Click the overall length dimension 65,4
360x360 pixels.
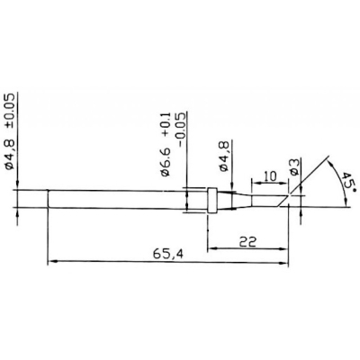[x=169, y=255]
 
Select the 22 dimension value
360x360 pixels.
[x=248, y=241]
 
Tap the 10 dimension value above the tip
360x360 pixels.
[x=271, y=176]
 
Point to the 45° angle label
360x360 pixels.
[x=347, y=182]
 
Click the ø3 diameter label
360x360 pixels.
[x=294, y=166]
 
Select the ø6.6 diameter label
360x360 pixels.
[x=166, y=161]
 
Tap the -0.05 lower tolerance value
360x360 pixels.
[x=181, y=130]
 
